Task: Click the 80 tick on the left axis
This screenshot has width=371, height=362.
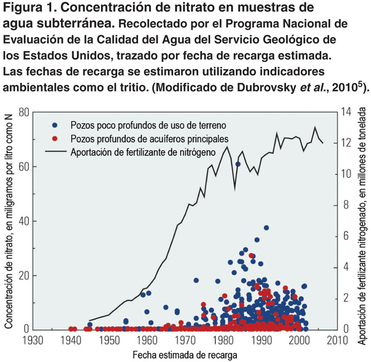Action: pos(24,112)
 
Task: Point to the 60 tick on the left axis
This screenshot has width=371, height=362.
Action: pos(24,166)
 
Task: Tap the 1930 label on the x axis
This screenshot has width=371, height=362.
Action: pos(33,340)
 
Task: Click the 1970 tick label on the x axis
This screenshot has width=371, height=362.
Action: pos(185,340)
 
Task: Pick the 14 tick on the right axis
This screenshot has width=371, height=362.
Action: pos(347,112)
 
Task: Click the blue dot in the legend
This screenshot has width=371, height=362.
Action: pos(55,125)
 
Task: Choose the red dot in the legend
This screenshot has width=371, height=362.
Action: pos(55,138)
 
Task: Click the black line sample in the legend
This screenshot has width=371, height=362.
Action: pos(55,151)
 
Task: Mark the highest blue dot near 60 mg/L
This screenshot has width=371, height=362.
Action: pos(238,165)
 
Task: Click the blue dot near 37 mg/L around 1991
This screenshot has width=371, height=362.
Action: pos(266,227)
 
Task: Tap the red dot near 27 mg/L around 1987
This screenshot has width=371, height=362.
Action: pos(251,255)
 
